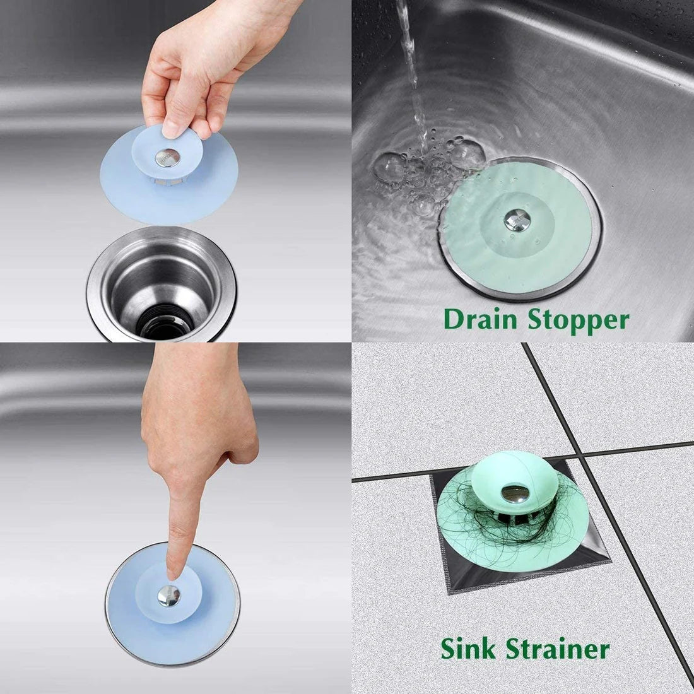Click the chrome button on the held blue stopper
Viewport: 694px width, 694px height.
point(167,158)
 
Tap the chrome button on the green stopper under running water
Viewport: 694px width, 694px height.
point(515,220)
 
